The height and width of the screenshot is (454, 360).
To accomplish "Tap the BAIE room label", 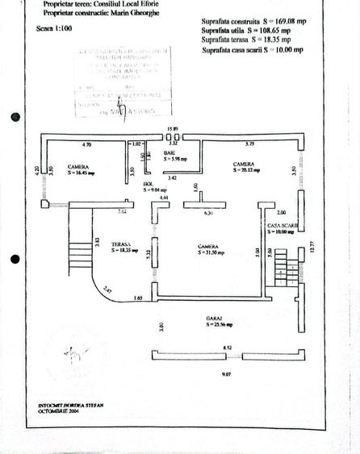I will [170, 152].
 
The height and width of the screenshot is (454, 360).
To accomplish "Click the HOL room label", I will [148, 184].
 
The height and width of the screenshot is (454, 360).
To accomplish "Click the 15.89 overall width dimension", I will [171, 129].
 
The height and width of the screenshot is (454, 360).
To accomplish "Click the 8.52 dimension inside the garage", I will [228, 348].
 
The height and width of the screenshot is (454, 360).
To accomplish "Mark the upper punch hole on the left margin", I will [14, 118].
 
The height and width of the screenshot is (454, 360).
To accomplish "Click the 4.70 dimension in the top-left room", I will [88, 144].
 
